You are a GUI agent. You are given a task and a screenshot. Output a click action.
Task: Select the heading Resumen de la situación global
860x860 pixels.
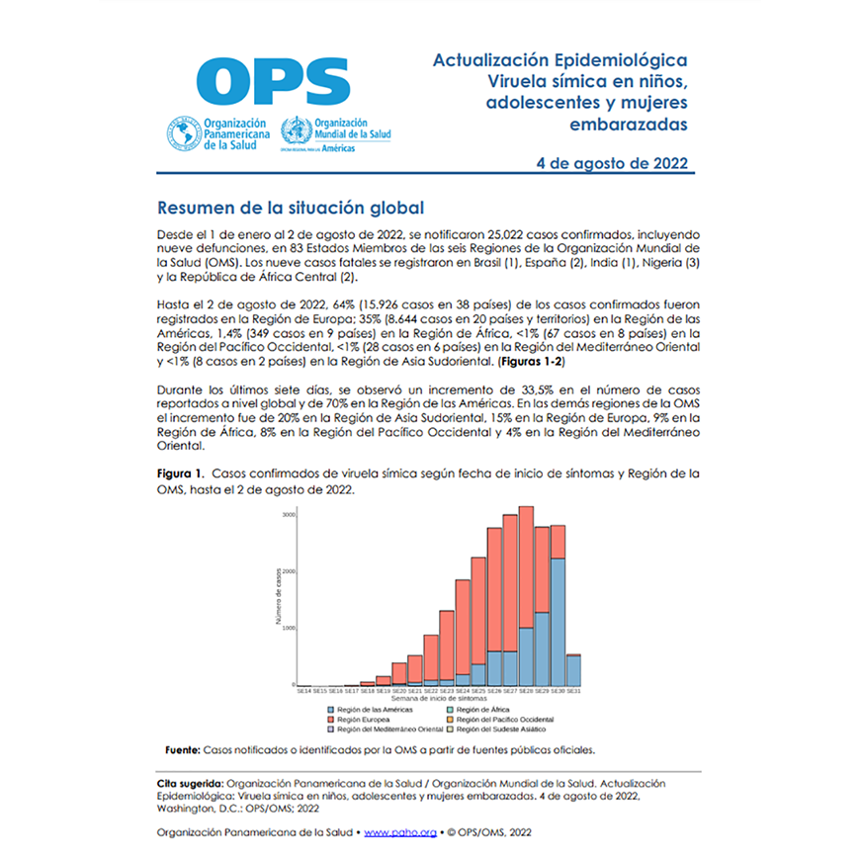click(291, 209)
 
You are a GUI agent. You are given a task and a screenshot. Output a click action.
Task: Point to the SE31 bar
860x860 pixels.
click(573, 669)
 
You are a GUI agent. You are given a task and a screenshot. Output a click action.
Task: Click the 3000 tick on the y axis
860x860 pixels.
click(289, 515)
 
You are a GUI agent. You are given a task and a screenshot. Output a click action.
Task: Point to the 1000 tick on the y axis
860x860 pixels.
click(289, 628)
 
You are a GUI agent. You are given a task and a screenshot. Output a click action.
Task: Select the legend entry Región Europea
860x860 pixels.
click(364, 720)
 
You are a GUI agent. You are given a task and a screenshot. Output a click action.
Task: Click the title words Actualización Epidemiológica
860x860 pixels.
click(559, 60)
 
